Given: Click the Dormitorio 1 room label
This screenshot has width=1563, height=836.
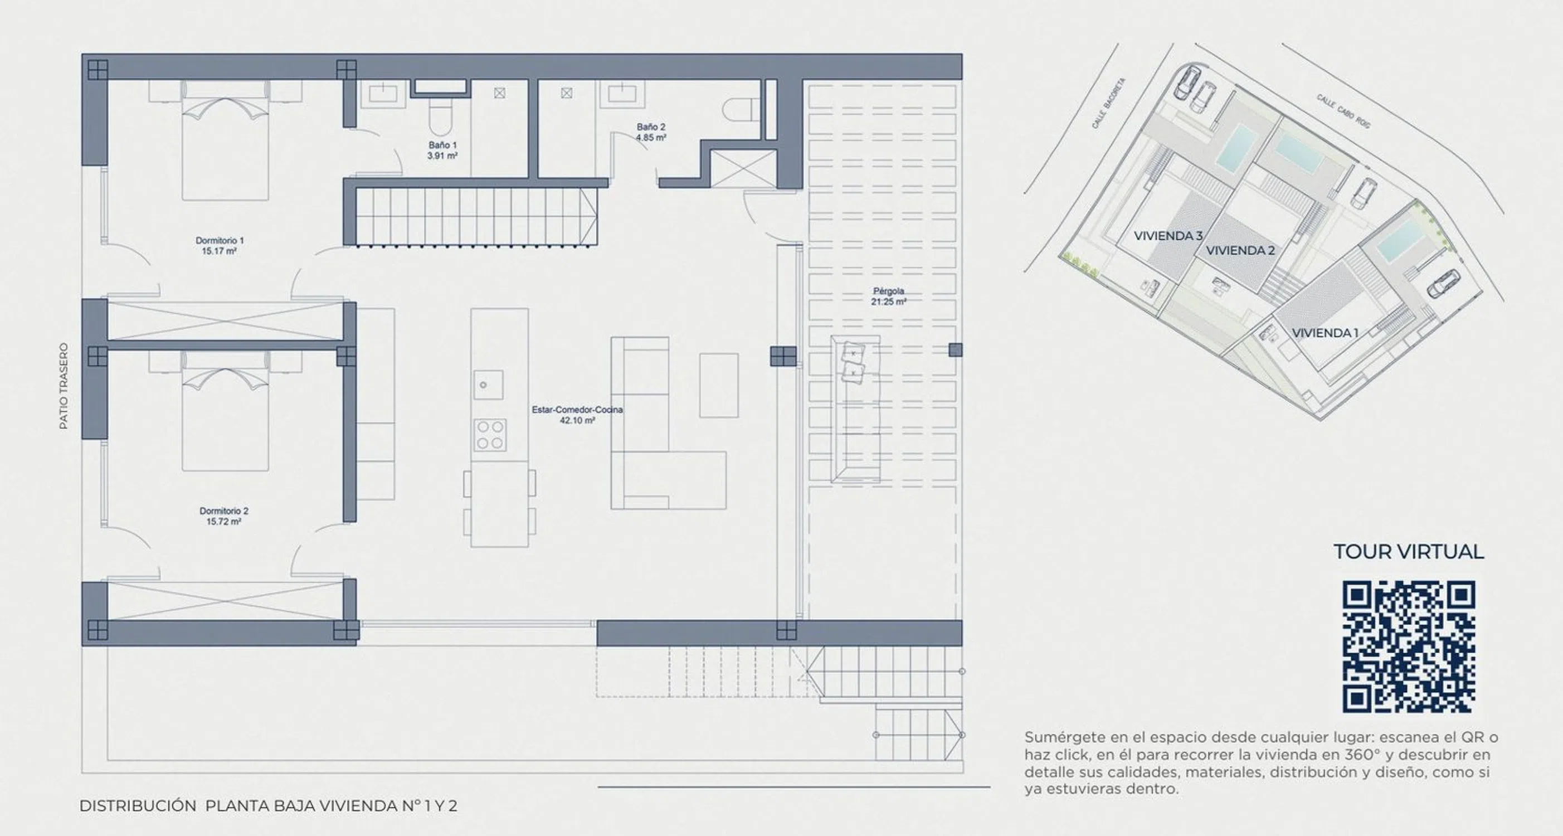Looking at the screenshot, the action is click(219, 246).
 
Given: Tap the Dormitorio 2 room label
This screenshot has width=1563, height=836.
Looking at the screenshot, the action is click(224, 516).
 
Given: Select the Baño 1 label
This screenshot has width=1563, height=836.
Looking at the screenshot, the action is click(442, 150).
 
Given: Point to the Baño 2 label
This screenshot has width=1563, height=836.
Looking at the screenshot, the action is click(651, 132).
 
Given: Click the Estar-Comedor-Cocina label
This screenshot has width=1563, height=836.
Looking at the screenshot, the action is click(577, 415).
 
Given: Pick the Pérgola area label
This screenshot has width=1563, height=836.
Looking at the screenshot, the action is click(888, 297).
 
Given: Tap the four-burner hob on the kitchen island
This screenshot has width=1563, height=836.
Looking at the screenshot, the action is click(490, 435).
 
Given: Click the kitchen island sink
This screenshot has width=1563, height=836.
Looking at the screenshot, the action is click(489, 385).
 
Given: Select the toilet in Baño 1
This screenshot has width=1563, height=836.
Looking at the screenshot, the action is click(438, 117).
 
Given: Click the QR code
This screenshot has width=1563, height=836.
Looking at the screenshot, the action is click(1408, 647).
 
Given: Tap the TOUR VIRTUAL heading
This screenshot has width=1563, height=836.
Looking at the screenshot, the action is click(1408, 551).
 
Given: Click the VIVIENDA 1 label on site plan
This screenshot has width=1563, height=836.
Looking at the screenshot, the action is click(1325, 333).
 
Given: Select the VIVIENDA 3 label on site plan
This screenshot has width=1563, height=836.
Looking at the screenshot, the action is click(1168, 236).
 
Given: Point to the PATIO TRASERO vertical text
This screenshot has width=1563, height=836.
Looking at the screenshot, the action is click(64, 386).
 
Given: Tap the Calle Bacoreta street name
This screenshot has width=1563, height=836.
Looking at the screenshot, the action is click(1108, 103).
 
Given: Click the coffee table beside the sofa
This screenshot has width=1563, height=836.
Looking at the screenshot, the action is click(719, 385).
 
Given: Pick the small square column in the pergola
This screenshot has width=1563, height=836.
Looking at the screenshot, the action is click(955, 350).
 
